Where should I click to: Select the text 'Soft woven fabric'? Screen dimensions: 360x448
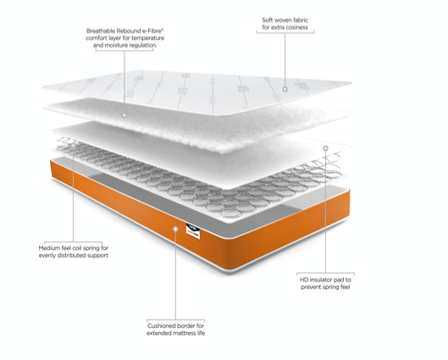point(285,19)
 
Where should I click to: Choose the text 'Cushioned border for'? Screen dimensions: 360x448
point(175,325)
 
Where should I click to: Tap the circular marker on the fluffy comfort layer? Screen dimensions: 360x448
point(124,114)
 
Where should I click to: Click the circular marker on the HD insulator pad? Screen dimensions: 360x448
point(325,147)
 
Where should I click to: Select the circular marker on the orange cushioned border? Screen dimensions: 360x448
point(175,228)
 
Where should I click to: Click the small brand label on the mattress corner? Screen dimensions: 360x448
point(191,231)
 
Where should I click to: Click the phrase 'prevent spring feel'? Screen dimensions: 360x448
point(325,287)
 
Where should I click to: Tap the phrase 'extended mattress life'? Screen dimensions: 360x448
point(175,334)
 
